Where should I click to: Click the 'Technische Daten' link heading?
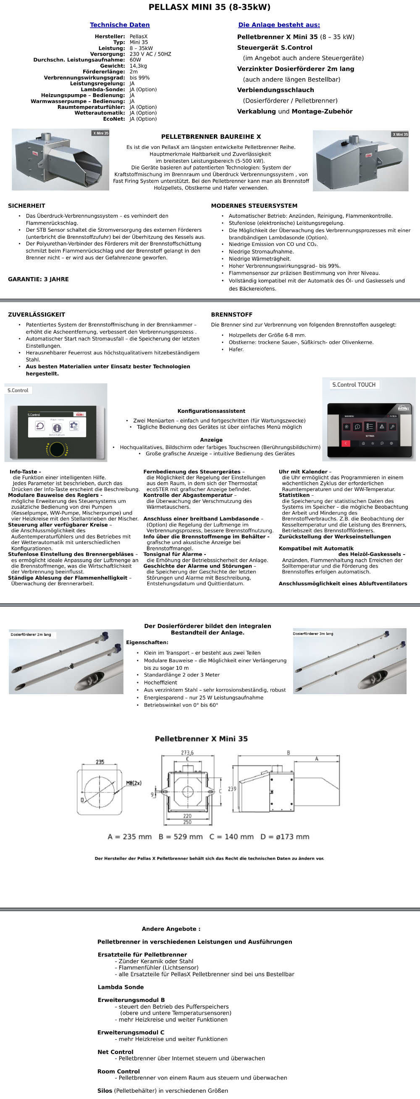tap(119, 25)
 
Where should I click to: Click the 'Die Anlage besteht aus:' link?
tap(279, 25)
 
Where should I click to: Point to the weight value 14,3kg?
tap(138, 66)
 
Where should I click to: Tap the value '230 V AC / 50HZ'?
tap(150, 54)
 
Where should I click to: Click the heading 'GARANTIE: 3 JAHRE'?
tap(38, 279)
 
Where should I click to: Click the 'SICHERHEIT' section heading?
tap(26, 206)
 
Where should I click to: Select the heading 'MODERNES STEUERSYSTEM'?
tap(254, 206)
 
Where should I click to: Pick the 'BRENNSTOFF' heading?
tap(231, 314)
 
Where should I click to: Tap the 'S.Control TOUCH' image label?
tap(354, 384)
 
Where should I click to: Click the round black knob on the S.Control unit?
tap(57, 449)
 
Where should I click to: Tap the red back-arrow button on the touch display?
tap(345, 443)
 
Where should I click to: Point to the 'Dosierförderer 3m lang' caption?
tap(313, 634)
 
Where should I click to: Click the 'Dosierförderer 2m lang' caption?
tap(31, 634)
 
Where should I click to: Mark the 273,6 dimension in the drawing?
tap(187, 753)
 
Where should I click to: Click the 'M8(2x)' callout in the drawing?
tap(134, 783)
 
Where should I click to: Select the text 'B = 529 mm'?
tap(180, 837)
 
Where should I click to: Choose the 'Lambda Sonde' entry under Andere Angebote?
tap(121, 987)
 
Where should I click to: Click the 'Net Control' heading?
tap(115, 1052)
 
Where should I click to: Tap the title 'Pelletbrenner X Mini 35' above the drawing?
tap(201, 739)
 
